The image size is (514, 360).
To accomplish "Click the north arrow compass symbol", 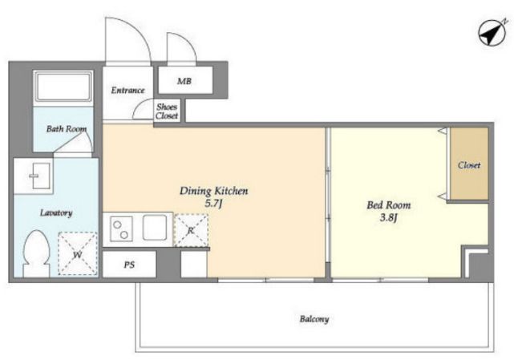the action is coord(492,32).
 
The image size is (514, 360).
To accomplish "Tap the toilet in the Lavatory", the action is coord(36,253).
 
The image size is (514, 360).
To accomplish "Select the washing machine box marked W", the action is coord(78,254).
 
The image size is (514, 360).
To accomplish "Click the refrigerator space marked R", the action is coord(191,230).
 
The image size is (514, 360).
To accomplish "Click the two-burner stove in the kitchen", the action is coord(121,229).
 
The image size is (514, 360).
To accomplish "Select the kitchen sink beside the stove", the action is coord(155,228).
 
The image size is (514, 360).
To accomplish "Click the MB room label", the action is coord(184,81).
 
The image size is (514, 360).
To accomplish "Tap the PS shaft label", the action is coord(129,265).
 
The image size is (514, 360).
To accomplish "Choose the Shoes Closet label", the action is coord(167,111).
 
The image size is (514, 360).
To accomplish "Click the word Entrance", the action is coord(127,90).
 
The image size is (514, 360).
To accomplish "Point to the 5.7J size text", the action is coord(214,204).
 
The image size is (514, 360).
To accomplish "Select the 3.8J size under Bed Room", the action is coord(388,218).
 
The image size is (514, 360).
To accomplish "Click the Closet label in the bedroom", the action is coord(469,165).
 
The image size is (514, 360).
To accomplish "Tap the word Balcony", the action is coord(314,319).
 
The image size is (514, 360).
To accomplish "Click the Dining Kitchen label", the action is coord(214,191).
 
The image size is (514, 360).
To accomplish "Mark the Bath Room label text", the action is coord(67,129).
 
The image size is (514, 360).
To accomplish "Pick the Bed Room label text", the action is coord(388,205).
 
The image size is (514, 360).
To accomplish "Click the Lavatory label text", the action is coord(56,213).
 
